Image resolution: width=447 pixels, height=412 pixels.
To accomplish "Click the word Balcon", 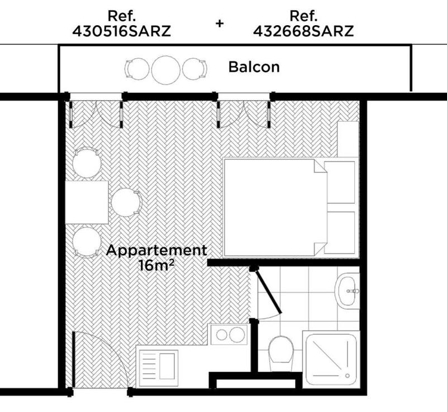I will point(254,68).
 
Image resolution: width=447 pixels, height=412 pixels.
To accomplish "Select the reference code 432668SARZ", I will point(303,31).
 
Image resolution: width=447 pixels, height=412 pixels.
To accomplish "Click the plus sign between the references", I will point(220,23).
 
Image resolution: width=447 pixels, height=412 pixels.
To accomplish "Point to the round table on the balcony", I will point(166,69).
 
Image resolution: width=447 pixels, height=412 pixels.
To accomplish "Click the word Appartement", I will point(156,250).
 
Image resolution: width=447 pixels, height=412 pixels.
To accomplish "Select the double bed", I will point(274,207).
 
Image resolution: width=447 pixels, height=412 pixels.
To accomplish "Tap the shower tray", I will point(330,359).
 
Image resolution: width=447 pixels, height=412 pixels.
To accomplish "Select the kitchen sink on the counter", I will point(158,364).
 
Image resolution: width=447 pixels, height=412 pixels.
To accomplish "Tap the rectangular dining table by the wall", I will point(87,202).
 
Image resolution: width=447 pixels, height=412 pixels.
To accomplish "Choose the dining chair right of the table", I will point(126,202).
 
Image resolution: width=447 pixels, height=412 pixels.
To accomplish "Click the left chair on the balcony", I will point(137,69).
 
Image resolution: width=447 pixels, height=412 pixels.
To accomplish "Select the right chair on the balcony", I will point(194,69).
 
